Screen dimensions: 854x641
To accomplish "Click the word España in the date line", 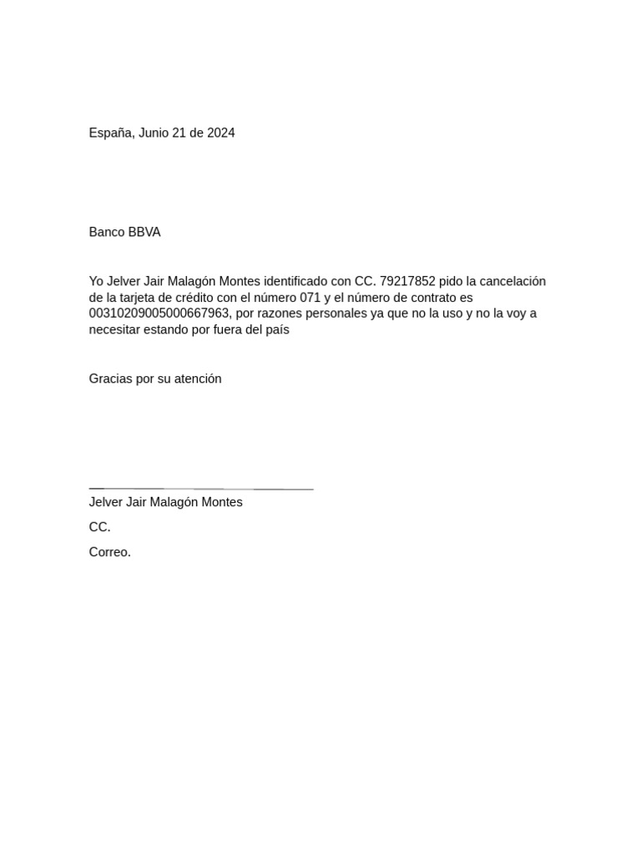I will (x=110, y=133).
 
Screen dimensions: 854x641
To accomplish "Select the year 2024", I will (x=220, y=133).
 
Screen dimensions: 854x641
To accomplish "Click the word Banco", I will (x=107, y=233).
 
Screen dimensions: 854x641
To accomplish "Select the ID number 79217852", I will (x=407, y=282).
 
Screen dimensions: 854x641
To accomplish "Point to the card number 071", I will (x=310, y=298).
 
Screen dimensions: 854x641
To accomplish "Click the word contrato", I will (x=426, y=298).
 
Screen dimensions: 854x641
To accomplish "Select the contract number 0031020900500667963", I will (x=159, y=314).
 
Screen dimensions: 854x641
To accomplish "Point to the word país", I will (x=277, y=329).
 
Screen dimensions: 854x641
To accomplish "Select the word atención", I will (x=198, y=379).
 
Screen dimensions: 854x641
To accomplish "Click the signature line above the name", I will (x=200, y=489).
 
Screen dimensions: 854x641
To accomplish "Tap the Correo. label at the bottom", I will (x=110, y=552).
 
